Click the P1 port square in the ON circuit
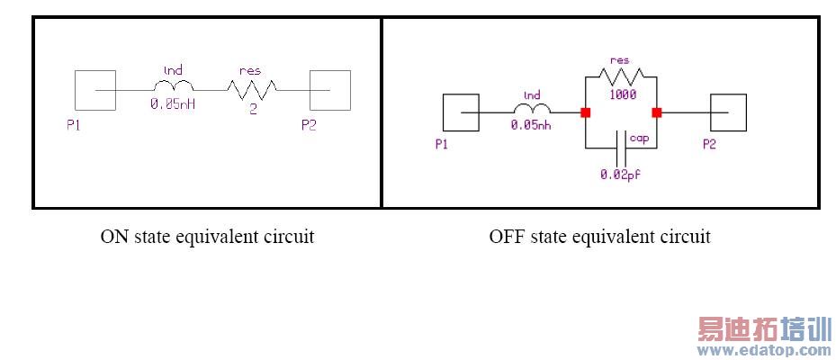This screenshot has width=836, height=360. click(93, 90)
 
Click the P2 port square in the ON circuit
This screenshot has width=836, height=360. click(329, 90)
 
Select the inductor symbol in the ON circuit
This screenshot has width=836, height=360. click(168, 86)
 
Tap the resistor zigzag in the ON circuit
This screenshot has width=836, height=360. click(250, 88)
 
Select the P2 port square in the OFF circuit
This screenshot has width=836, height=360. click(727, 112)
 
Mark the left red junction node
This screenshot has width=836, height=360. click(586, 112)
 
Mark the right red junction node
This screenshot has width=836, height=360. click(657, 112)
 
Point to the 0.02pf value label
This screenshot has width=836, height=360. click(620, 174)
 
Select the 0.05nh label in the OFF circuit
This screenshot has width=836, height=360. click(531, 125)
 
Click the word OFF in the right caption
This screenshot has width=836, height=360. click(506, 237)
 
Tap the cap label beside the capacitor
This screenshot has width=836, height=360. click(639, 138)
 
